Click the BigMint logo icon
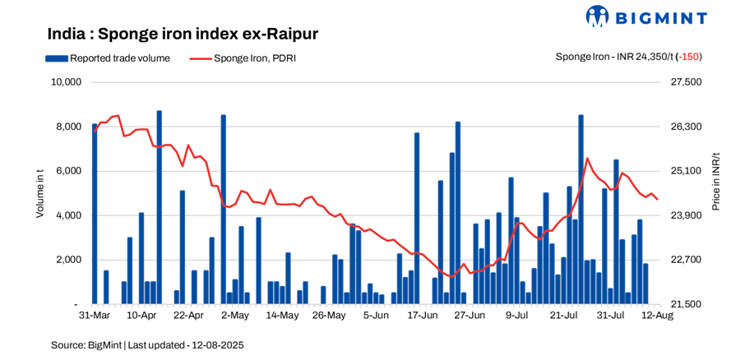tap(597, 16)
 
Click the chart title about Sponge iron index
tap(183, 34)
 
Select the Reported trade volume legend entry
tap(108, 58)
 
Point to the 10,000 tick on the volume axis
tap(65, 82)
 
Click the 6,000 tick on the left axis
tap(68, 171)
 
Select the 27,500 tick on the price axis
tap(687, 82)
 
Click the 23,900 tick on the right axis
tap(687, 215)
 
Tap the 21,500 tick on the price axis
tap(687, 304)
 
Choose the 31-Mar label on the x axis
tap(94, 315)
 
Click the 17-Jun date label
tap(421, 315)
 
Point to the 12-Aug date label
tap(655, 315)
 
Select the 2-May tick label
tap(235, 315)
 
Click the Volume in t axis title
tap(39, 193)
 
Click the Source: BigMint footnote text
tap(147, 345)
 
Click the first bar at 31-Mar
tap(95, 214)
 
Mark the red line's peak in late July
tap(587, 159)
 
